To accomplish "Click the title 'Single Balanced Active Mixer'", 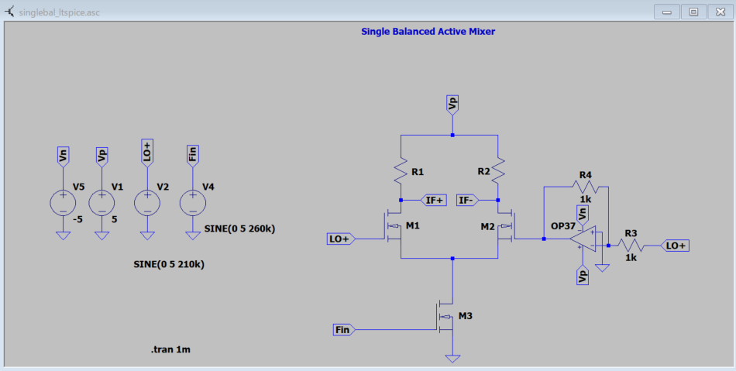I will point(428,32).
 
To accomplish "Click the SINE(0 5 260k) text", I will point(239,228).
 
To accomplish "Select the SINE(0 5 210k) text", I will point(169,264).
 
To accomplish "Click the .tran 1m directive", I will point(170,350).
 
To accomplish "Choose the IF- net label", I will point(466,200).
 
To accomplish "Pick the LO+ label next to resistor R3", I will point(676,246).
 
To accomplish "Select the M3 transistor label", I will point(465,316).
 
